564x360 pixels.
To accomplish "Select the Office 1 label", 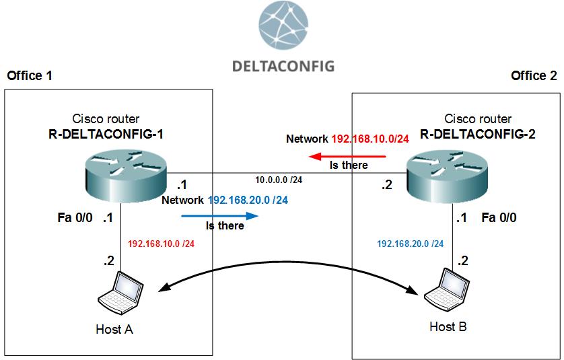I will point(29,75).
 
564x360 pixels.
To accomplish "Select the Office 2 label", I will point(534,75).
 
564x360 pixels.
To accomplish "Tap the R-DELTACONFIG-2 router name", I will point(478,134).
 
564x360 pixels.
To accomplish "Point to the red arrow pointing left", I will point(347,156).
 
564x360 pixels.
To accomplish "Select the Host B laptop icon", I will point(448,289).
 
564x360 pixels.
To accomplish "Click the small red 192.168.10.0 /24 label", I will point(161,243).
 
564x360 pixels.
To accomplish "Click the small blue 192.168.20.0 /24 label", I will point(410,243).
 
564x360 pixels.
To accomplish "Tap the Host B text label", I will point(448,327).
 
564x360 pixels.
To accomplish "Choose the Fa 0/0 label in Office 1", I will point(75,218).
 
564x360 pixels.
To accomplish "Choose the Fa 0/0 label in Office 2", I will point(501,218).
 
